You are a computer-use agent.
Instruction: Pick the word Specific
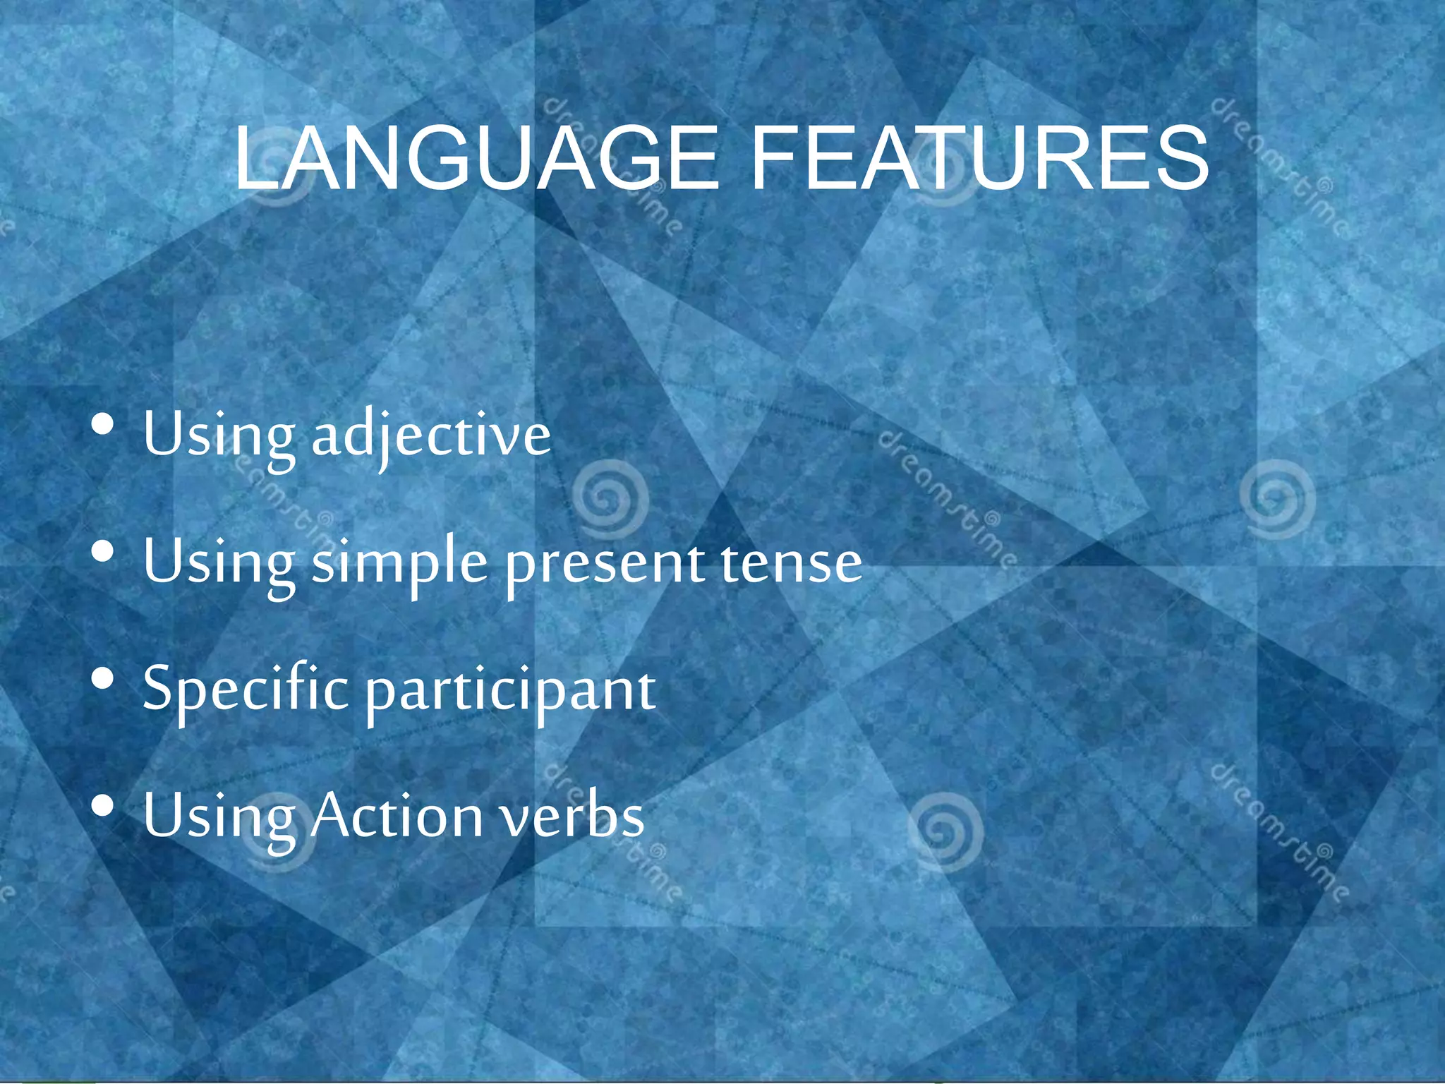246,690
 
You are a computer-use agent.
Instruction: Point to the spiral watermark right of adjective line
610,498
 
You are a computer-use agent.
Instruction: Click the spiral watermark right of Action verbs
944,830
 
